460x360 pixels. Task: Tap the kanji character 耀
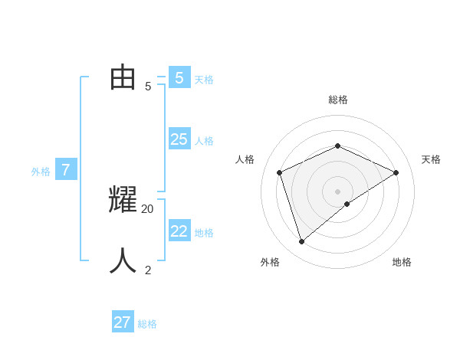(123, 200)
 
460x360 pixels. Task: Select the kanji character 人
(123, 261)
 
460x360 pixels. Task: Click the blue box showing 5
(179, 78)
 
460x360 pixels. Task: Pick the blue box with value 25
(179, 139)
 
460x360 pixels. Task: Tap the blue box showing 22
(179, 231)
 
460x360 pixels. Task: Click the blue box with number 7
(66, 170)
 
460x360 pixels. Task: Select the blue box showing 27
(123, 322)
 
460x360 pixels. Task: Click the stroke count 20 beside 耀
(148, 208)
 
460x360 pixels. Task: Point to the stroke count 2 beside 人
(148, 270)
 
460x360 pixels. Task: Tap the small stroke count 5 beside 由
(148, 87)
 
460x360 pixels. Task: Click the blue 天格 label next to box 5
(204, 80)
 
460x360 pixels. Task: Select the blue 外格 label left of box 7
(41, 172)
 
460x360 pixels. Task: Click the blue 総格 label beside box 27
(147, 324)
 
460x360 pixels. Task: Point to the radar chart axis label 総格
(338, 100)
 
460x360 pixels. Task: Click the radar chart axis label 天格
(431, 159)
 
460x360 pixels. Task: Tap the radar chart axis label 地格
(402, 262)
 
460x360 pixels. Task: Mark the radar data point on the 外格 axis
(301, 242)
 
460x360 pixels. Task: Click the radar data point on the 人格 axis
(280, 172)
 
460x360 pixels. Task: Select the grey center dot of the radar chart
(337, 191)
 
